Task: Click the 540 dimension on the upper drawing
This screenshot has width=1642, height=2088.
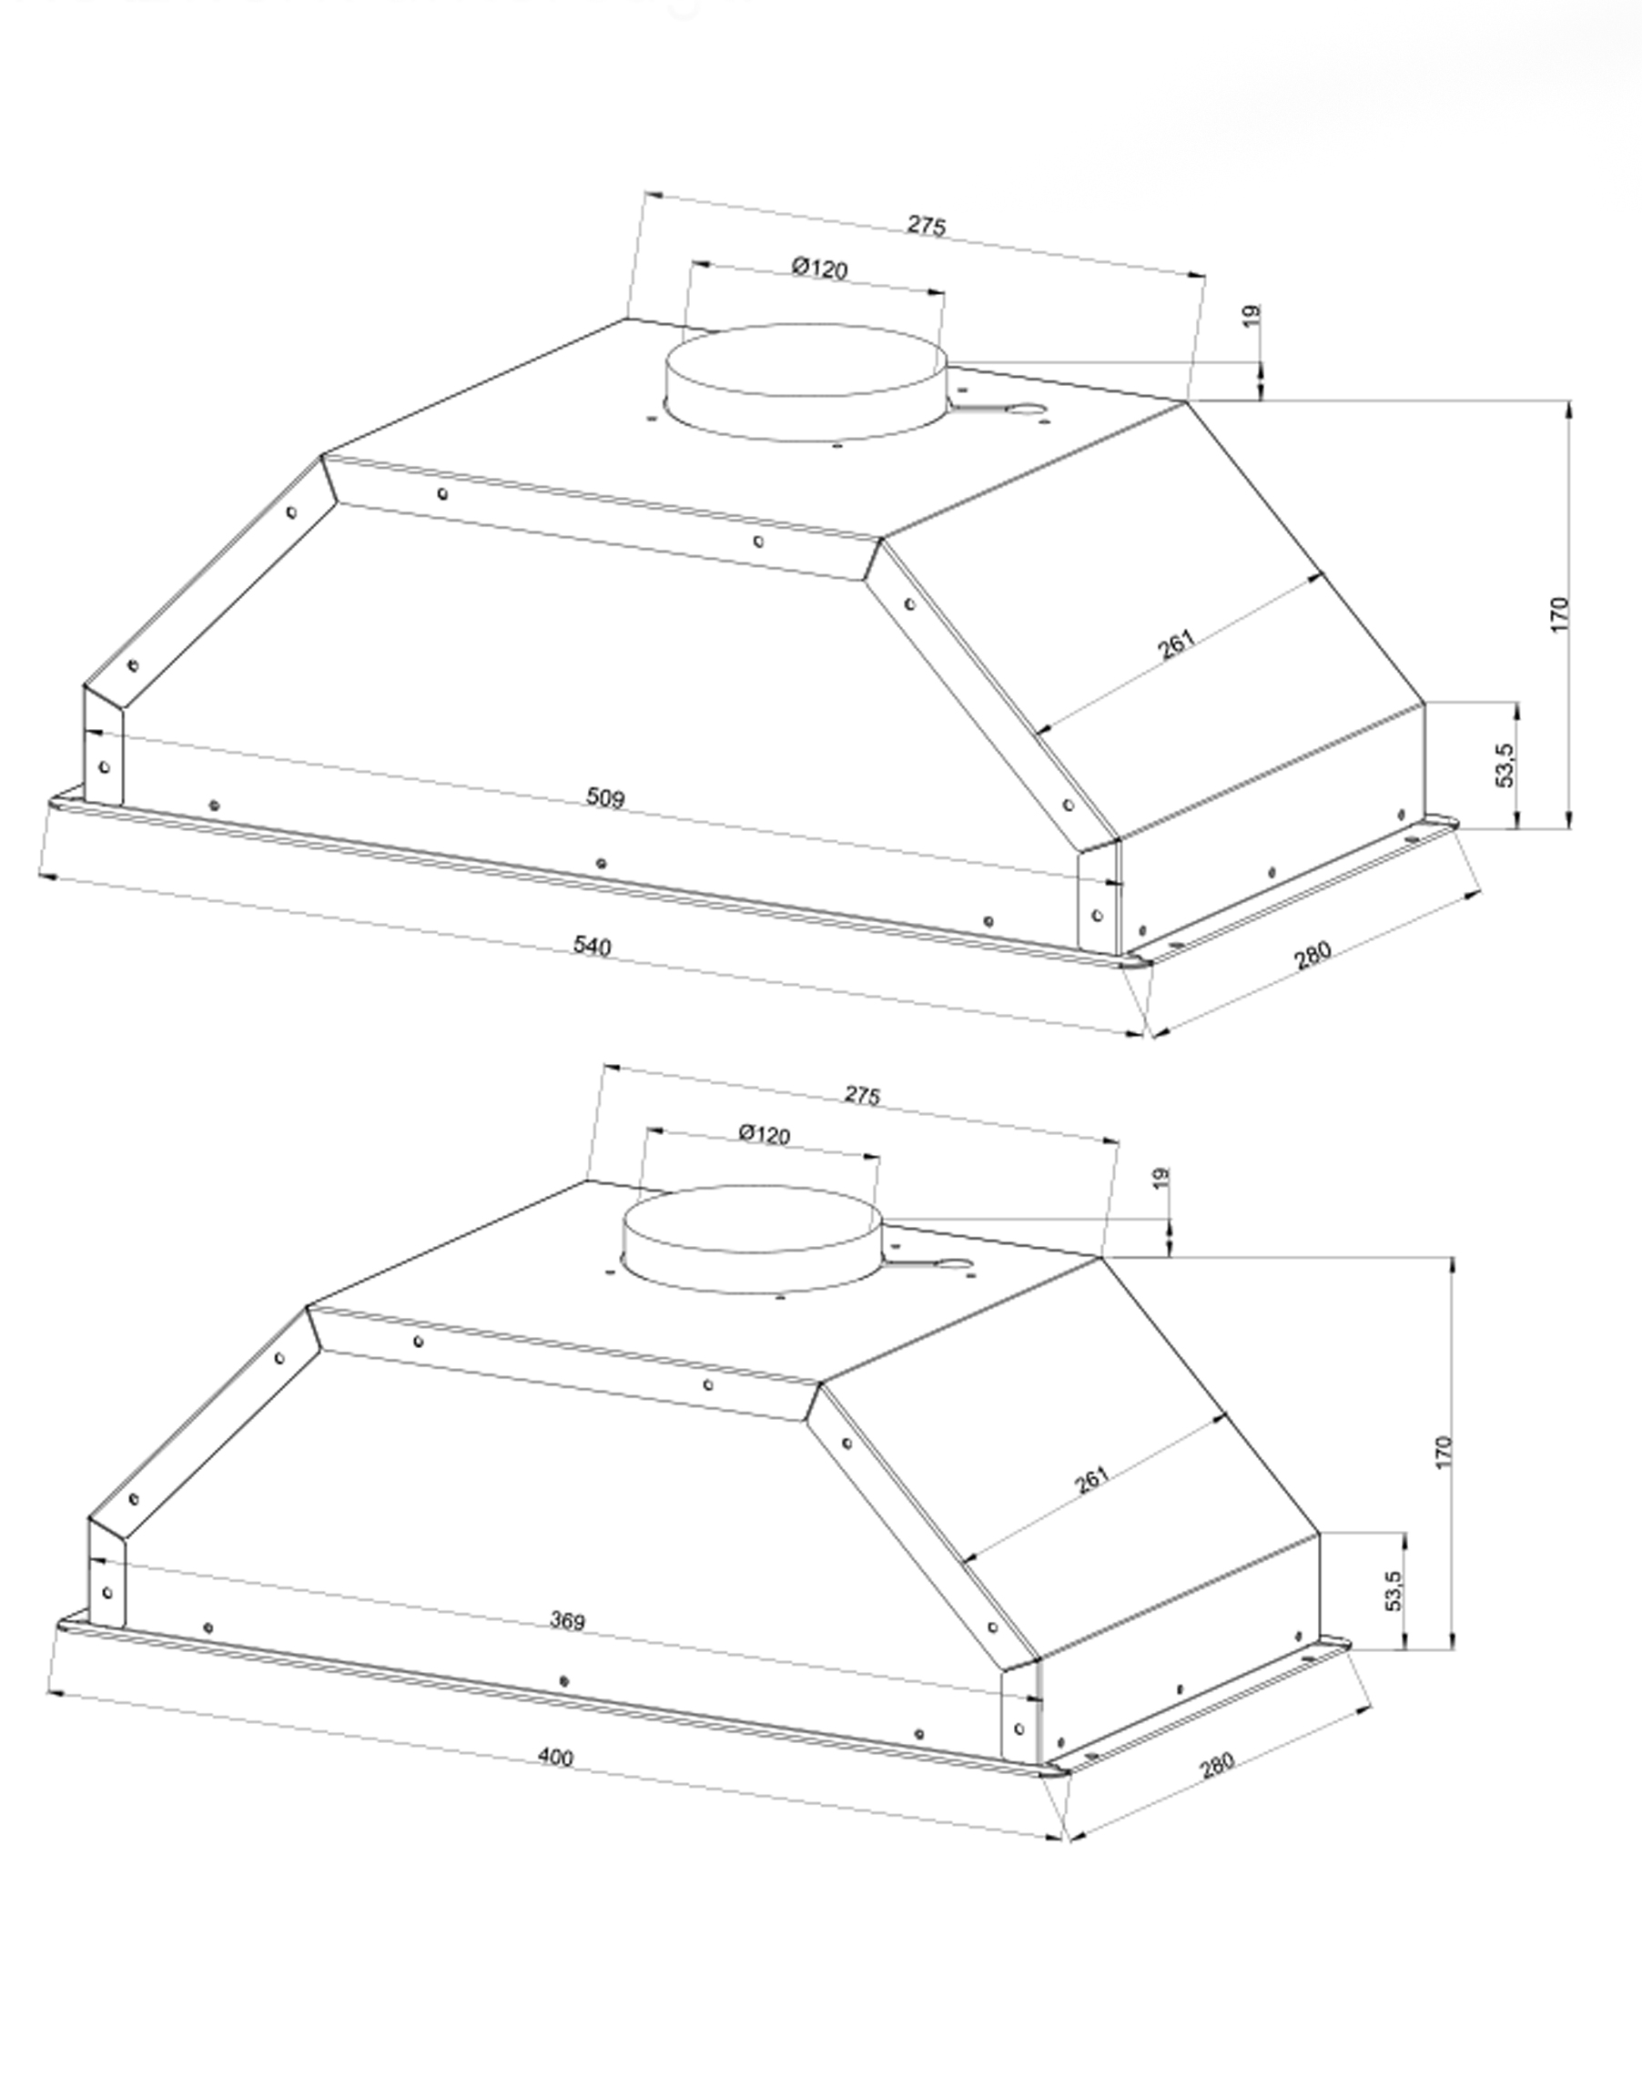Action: (x=593, y=946)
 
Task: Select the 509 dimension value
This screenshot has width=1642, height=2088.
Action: (x=604, y=797)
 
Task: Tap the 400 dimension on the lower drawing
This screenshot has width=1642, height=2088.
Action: (x=554, y=1757)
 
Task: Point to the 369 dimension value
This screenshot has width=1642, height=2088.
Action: (x=567, y=1621)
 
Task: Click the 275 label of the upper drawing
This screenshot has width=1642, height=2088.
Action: (x=927, y=225)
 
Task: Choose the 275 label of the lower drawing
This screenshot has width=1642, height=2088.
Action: (x=862, y=1094)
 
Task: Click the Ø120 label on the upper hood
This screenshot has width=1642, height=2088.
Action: (x=820, y=268)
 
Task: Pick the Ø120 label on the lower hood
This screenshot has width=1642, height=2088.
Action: (x=765, y=1134)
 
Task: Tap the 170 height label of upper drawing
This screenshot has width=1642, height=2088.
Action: (x=1559, y=614)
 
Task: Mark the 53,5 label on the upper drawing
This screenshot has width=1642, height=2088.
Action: (x=1505, y=765)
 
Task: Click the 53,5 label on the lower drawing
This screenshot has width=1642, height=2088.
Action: (x=1395, y=1589)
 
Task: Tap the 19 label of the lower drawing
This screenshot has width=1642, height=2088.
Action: (x=1161, y=1177)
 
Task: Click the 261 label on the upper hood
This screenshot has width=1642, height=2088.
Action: (x=1176, y=644)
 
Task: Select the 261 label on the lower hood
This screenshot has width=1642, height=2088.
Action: (x=1091, y=1478)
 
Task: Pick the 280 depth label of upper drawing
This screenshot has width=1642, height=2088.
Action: (x=1313, y=955)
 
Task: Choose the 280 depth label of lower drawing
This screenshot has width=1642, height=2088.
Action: (x=1216, y=1766)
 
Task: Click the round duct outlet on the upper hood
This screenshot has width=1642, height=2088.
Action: (x=806, y=381)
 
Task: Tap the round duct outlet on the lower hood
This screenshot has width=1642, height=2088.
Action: (x=751, y=1238)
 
